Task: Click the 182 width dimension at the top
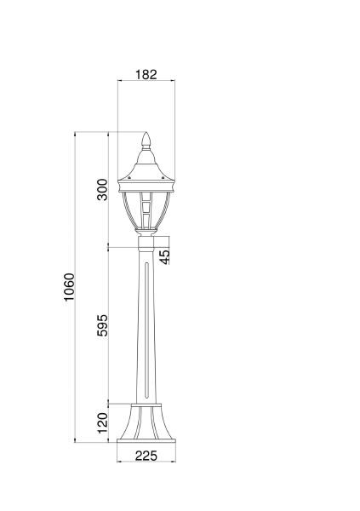click(146, 74)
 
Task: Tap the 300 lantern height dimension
click(102, 189)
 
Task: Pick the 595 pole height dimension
click(102, 327)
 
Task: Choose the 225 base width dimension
click(146, 455)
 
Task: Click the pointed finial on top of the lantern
click(146, 140)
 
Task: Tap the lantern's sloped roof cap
click(146, 167)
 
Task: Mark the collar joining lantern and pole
click(146, 248)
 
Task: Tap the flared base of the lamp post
click(146, 421)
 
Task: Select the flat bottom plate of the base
click(146, 439)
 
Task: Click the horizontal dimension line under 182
click(146, 83)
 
